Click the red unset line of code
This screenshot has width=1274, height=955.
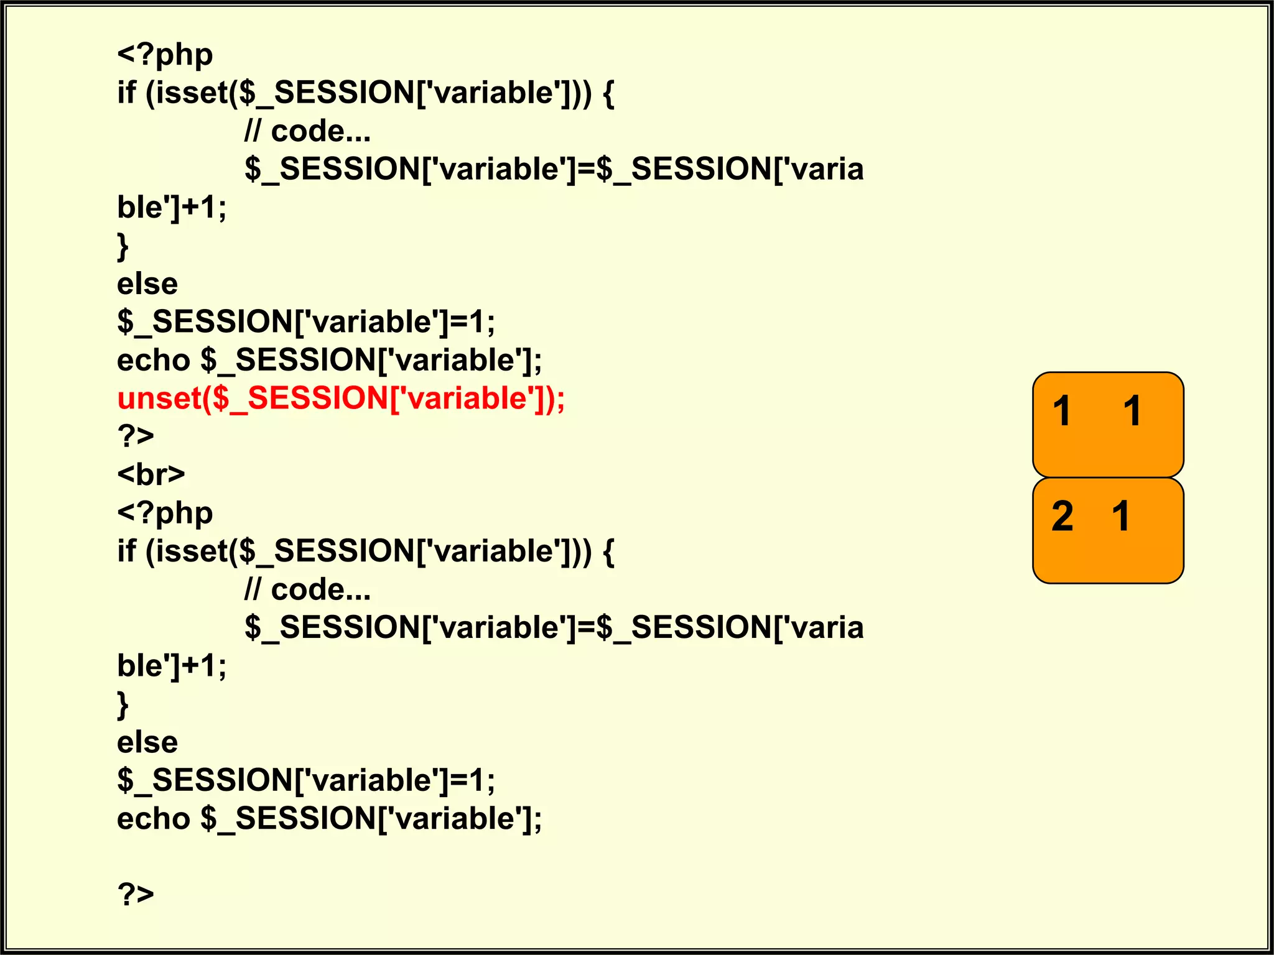(x=341, y=399)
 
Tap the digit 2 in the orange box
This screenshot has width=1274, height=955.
(x=1062, y=516)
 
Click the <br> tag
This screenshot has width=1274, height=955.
(x=151, y=475)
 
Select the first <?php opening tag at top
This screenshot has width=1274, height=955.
(x=165, y=55)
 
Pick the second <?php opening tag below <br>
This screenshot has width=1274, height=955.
(x=165, y=514)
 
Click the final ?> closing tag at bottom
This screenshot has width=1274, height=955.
(x=136, y=894)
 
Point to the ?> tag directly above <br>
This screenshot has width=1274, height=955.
(x=136, y=436)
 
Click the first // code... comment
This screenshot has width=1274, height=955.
(x=307, y=131)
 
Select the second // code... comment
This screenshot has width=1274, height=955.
(x=307, y=589)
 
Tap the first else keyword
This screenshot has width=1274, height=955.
(x=147, y=284)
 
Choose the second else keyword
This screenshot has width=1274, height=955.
(x=147, y=742)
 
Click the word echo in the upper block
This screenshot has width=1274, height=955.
(x=154, y=361)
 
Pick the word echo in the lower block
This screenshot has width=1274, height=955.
(x=154, y=819)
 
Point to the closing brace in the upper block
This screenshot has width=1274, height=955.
(x=123, y=246)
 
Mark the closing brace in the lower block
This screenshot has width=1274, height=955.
(x=123, y=705)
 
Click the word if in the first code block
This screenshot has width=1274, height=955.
(x=126, y=93)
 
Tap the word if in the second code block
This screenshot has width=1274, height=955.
(x=126, y=551)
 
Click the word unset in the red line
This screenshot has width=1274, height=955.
(x=159, y=399)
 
